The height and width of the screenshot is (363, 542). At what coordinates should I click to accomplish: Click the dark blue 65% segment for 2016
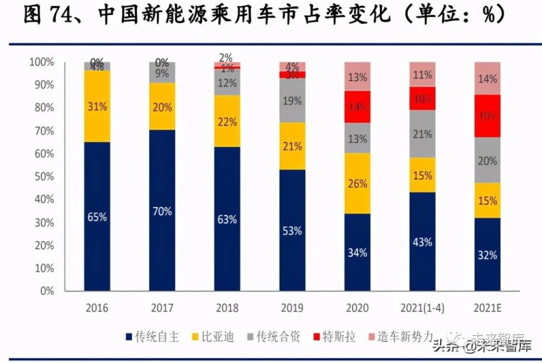98,217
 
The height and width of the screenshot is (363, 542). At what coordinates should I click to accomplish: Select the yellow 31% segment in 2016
98,106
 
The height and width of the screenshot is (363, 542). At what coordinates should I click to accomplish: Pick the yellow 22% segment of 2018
228,121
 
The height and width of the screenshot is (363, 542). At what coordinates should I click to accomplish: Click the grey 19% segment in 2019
293,100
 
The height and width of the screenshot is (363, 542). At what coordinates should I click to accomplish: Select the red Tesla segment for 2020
358,107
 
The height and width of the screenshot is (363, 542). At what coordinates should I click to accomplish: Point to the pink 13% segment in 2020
358,76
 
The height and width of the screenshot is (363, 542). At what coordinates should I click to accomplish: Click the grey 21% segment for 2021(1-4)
423,134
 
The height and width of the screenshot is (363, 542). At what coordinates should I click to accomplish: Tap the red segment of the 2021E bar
488,116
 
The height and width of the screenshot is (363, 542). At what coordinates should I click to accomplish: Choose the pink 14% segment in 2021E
488,78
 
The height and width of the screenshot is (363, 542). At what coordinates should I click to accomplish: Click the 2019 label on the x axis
293,308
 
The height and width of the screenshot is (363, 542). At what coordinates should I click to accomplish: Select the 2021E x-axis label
488,308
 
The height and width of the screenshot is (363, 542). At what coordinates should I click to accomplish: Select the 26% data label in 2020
358,184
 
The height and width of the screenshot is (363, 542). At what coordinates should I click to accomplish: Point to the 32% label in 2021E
488,255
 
